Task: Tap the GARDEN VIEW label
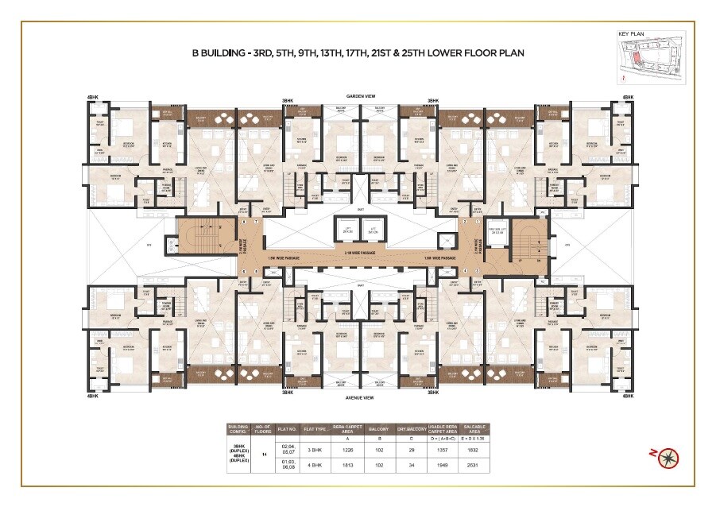[359, 95]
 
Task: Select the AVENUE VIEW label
[359, 397]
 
